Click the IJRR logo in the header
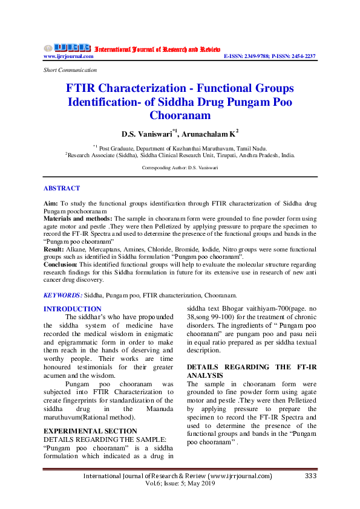click(x=67, y=48)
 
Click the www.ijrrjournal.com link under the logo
click(x=68, y=56)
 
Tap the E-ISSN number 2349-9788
click(x=259, y=56)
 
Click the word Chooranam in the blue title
click(x=180, y=115)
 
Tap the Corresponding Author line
click(x=180, y=166)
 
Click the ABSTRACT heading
click(x=62, y=189)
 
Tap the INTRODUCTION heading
click(x=73, y=309)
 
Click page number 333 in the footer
click(x=311, y=476)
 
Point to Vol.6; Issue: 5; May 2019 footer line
click(x=180, y=484)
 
